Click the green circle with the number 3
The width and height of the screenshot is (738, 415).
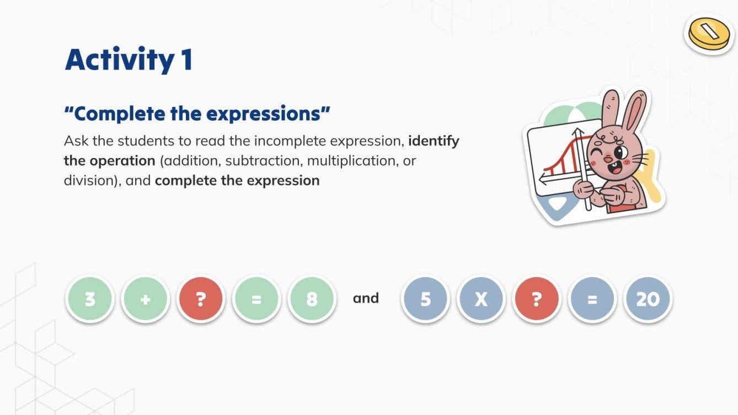click(x=90, y=299)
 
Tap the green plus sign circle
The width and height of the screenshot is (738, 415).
click(x=145, y=299)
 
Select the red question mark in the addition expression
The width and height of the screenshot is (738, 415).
click(x=200, y=299)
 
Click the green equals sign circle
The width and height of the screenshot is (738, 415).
click(x=256, y=299)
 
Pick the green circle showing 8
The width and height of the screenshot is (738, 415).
click(x=312, y=299)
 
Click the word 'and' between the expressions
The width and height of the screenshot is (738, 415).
click(x=366, y=299)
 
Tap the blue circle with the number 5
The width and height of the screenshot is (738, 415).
click(x=425, y=299)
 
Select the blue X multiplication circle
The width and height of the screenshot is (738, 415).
click(x=481, y=299)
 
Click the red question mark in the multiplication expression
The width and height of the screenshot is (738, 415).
click(x=537, y=299)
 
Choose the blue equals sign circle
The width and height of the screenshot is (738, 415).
click(x=592, y=299)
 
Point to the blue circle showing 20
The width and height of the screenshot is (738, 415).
click(x=648, y=299)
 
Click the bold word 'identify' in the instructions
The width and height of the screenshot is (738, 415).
click(x=434, y=141)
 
